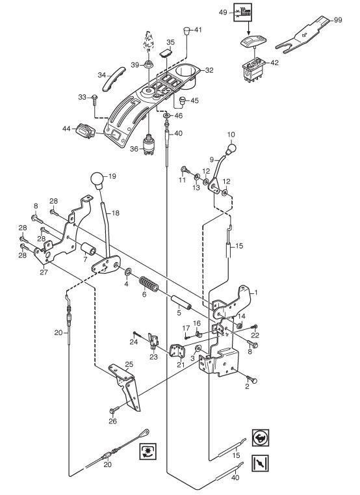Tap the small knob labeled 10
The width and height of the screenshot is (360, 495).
(x=231, y=148)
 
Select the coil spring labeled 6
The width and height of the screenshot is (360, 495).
(x=148, y=284)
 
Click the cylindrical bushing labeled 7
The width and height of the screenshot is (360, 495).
(x=88, y=248)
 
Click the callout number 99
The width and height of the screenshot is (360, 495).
(x=338, y=20)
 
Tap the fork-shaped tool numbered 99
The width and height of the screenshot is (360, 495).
(x=303, y=34)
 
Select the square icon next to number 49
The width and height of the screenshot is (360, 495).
(x=242, y=12)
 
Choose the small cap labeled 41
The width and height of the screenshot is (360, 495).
(x=186, y=31)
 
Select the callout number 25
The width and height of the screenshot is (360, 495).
(x=129, y=364)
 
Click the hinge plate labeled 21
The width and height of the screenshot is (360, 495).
(x=177, y=351)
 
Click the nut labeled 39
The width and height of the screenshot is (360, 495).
(x=148, y=65)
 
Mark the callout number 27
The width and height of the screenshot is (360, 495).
(x=44, y=272)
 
